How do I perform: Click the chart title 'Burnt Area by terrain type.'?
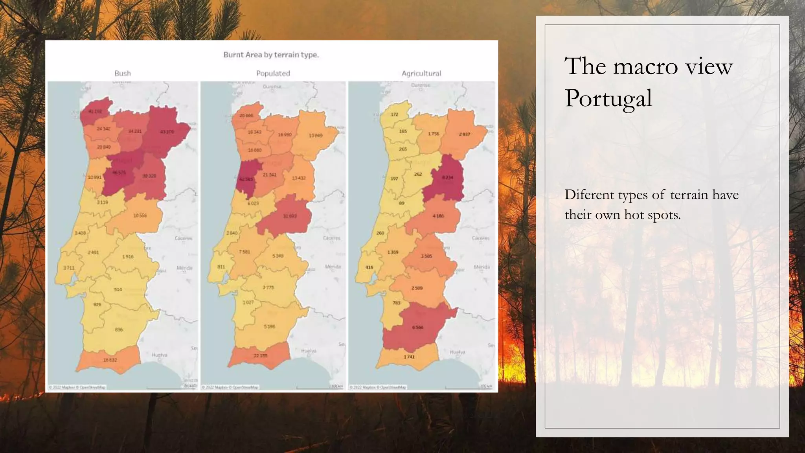coord(271,55)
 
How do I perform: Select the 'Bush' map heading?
coord(123,73)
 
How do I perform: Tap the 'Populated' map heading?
coord(273,73)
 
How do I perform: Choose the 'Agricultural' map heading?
coord(421,73)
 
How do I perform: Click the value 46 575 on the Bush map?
coord(119,173)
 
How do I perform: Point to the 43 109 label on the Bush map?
coord(167,132)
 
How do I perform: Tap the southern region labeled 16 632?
coord(110,360)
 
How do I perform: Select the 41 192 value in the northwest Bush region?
coord(95,111)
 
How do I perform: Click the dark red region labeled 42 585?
coord(246,179)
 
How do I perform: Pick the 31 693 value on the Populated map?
coord(290,216)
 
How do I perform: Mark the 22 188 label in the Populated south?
coord(260,355)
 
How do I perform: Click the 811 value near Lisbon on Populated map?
coord(221,267)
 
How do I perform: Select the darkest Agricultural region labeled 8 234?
coord(447,177)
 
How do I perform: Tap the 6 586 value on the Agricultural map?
coord(417,327)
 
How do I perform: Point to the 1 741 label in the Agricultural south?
coord(409,357)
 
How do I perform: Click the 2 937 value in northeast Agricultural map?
coord(464,134)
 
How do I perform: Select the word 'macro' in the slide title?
coord(645,66)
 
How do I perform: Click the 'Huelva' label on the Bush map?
coord(160,355)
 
